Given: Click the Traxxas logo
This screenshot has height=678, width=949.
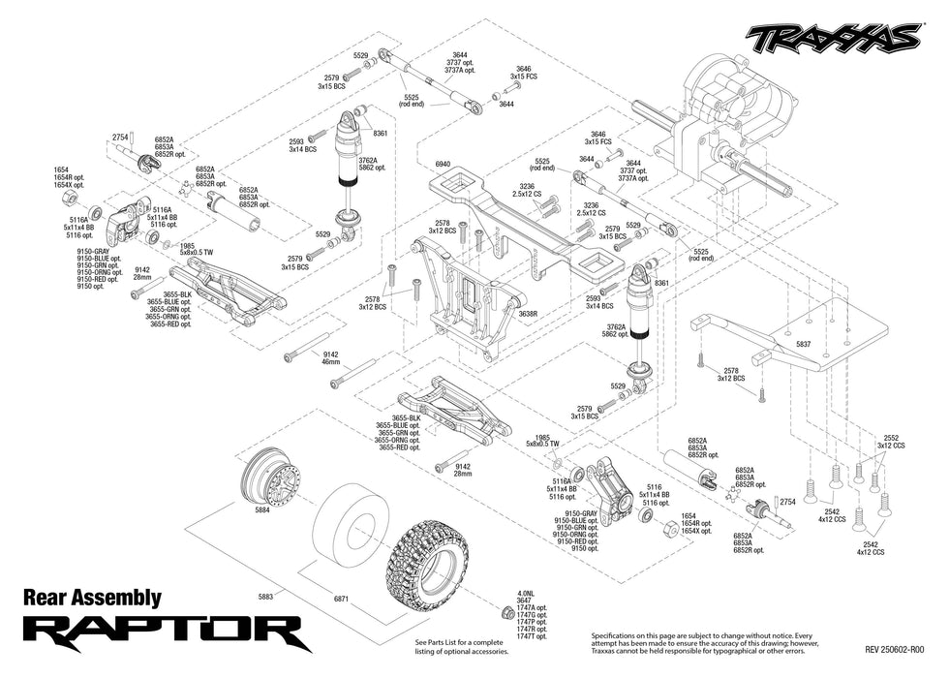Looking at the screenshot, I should [833, 37].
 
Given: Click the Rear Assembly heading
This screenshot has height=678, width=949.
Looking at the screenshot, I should [91, 599].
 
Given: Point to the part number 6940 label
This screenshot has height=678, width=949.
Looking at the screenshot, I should [444, 165].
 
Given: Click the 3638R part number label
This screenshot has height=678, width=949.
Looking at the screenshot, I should [528, 314].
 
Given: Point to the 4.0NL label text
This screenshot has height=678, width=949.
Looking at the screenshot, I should [526, 594].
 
